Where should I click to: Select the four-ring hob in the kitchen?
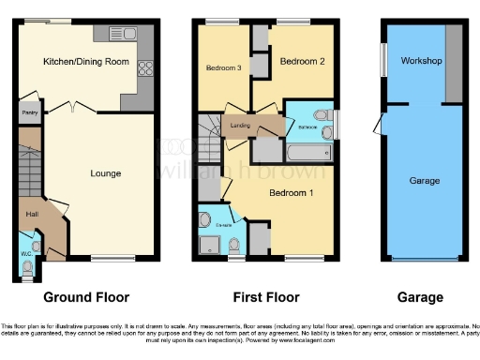145,67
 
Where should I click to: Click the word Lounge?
106,173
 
